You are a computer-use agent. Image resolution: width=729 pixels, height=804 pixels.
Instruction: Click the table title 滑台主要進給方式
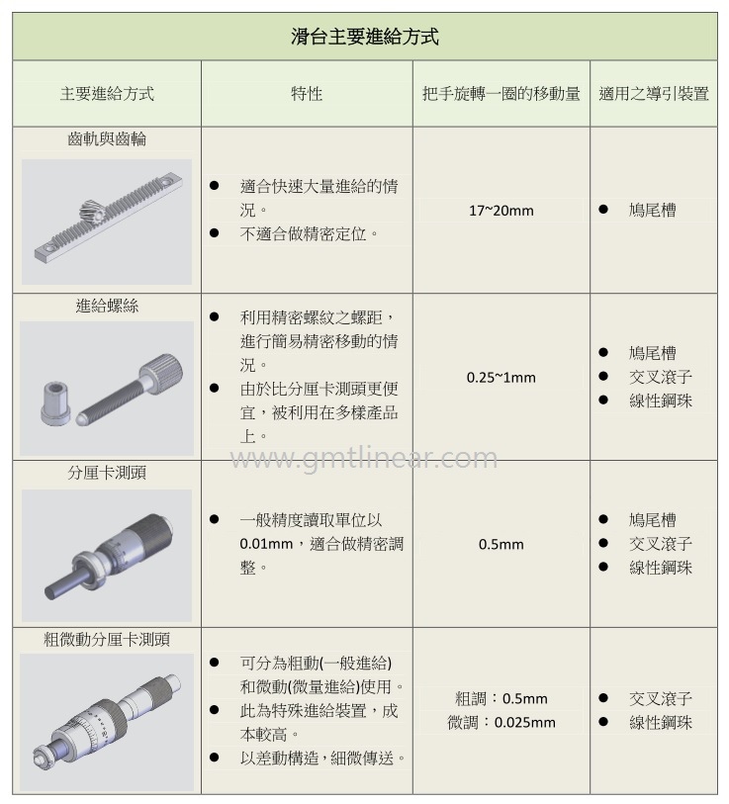[x=364, y=38]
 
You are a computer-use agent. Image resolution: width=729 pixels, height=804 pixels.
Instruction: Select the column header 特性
[x=307, y=94]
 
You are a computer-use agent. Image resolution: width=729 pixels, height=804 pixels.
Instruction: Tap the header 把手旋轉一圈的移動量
[x=501, y=94]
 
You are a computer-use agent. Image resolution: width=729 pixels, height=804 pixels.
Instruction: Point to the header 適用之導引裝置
[x=654, y=94]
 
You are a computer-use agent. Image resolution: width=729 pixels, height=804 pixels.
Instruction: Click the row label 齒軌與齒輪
[x=107, y=139]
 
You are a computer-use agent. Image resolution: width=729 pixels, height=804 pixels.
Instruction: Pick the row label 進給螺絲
[x=107, y=306]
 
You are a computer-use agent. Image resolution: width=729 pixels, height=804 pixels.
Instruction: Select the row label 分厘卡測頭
[x=107, y=473]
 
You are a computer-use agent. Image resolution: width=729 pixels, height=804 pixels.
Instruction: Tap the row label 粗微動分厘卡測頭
[x=107, y=640]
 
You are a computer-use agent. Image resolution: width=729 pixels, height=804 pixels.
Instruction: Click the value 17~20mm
[x=501, y=211]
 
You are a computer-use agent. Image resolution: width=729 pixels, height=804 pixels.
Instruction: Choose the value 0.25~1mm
[x=501, y=378]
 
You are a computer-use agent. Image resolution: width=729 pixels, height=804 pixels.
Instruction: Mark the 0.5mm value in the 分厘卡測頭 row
[x=501, y=544]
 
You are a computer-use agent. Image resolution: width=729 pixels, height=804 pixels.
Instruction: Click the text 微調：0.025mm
[x=501, y=723]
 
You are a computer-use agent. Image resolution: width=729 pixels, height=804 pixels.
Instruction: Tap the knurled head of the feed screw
[x=158, y=375]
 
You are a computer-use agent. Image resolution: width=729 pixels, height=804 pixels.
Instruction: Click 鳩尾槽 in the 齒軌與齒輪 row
[x=653, y=211]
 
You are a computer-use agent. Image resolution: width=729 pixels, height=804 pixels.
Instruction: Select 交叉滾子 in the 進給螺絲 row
[x=660, y=377]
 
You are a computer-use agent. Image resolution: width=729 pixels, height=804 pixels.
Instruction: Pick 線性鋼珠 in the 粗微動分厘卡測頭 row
[x=660, y=723]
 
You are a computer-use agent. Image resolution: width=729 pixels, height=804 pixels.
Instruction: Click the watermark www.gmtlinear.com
[x=364, y=459]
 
